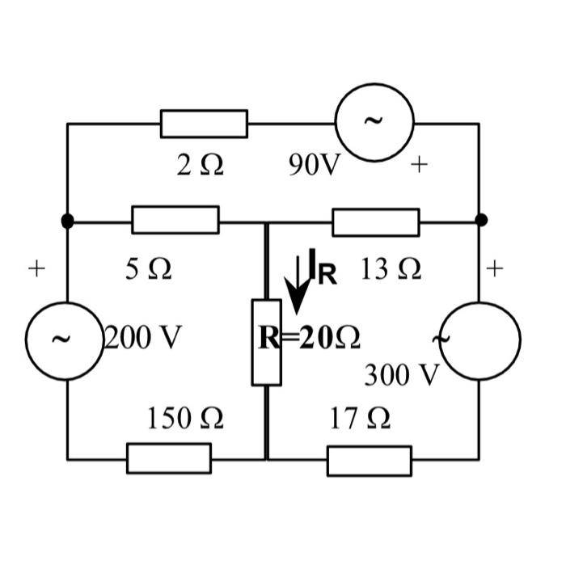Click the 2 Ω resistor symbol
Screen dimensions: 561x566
pos(204,124)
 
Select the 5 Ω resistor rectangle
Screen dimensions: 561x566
pos(175,220)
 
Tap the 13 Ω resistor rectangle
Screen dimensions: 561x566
pos(375,221)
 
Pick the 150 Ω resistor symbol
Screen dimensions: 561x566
pos(168,458)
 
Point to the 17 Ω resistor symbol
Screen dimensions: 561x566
pos(369,460)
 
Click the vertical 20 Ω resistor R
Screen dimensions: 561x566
pos(267,342)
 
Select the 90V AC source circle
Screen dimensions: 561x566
pos(374,122)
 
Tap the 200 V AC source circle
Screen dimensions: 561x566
pos(65,340)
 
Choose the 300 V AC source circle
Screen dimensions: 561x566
pos(480,340)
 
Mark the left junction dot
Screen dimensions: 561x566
pos(67,220)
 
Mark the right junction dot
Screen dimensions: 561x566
pos(481,220)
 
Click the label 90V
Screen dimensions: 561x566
pos(315,166)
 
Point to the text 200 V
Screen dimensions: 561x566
pos(143,336)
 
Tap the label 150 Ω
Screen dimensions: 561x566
pos(184,419)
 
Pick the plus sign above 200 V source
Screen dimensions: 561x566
pos(36,268)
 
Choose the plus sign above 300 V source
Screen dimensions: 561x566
pos(495,268)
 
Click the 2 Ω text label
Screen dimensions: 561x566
pos(200,166)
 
